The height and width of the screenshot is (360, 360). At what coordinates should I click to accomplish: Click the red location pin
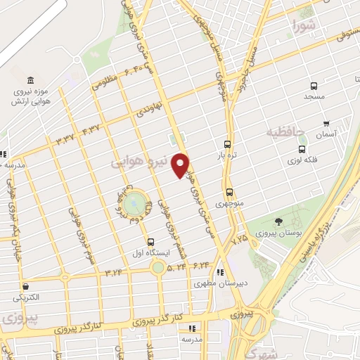pos(181,165)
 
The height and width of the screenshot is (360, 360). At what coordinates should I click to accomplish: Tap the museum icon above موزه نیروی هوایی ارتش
pos(30,80)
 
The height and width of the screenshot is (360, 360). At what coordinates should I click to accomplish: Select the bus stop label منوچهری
pos(229,204)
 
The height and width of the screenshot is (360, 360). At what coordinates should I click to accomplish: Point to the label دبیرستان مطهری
pos(219,284)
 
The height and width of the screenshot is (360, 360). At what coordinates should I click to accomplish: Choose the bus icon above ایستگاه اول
pos(151,242)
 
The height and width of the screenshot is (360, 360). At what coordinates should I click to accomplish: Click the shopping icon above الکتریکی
pos(25,286)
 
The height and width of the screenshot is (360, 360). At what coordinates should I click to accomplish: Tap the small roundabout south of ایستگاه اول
pos(158,267)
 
